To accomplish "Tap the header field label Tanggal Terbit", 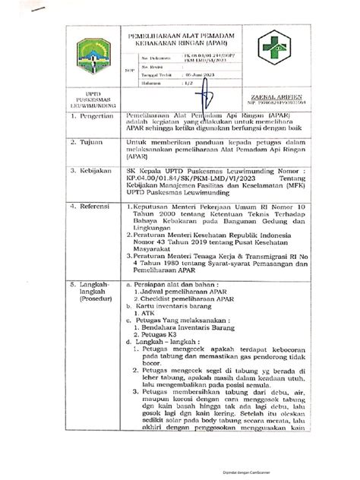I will point(152,77).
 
